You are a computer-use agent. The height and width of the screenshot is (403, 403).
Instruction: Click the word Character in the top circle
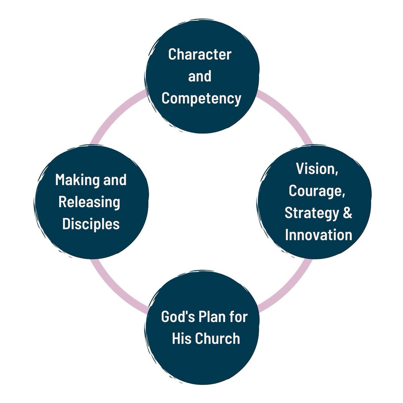coord(199,54)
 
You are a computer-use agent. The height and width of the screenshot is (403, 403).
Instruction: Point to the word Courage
coord(317,191)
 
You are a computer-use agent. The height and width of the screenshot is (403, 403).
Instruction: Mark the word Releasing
coord(89,202)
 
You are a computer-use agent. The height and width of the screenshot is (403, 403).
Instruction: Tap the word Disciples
coord(91,224)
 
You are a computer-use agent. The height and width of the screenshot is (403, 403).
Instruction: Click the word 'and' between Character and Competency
coord(200,77)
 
